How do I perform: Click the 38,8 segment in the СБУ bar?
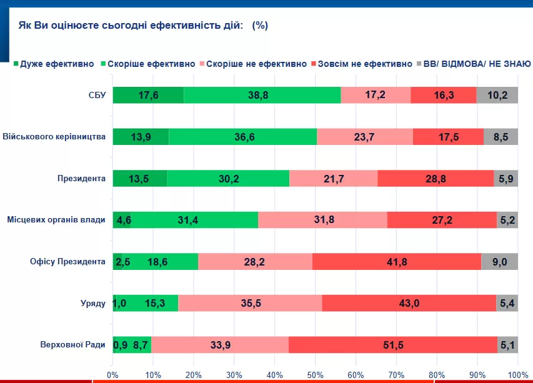[262, 95]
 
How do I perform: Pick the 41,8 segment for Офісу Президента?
[396, 262]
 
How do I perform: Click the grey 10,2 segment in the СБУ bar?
[497, 95]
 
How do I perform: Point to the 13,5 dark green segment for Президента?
[139, 178]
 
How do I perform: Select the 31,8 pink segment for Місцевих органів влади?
[322, 220]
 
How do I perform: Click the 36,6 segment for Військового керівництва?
[242, 137]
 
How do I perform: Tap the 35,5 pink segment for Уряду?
[250, 303]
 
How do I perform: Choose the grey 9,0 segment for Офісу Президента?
[500, 262]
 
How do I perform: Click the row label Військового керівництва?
[54, 137]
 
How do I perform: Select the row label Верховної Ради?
[73, 345]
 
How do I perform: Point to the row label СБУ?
[97, 95]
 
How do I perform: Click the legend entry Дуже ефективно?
[56, 64]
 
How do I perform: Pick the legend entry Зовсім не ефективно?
[365, 64]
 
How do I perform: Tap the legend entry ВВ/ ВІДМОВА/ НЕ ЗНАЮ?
[477, 64]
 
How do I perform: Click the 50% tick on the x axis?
[315, 375]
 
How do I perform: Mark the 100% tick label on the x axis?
[517, 375]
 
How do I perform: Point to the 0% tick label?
[112, 375]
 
